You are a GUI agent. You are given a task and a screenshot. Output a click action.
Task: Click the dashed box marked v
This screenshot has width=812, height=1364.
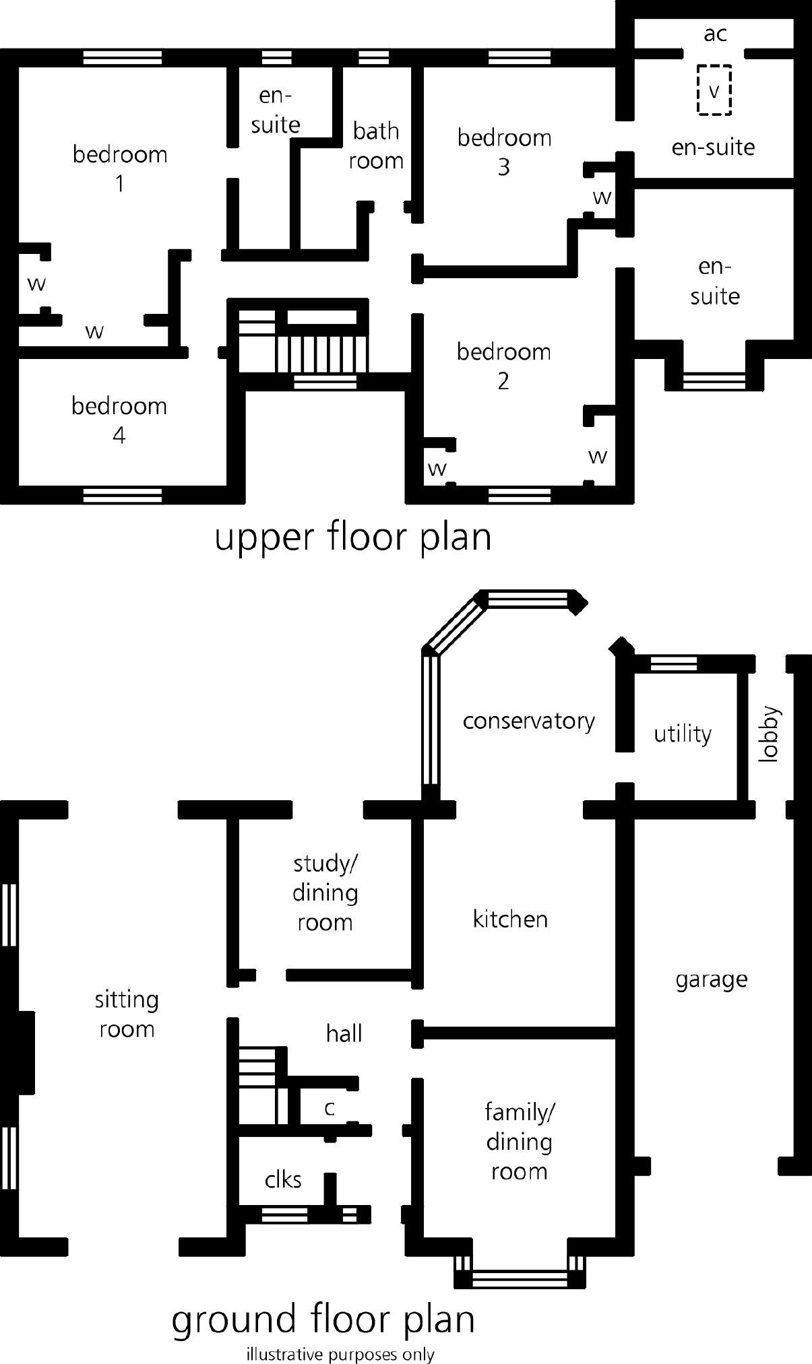[x=714, y=90]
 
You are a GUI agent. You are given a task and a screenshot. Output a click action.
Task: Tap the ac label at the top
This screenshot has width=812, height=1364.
[x=715, y=34]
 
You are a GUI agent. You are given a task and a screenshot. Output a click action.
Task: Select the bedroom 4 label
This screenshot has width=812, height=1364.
[x=119, y=420]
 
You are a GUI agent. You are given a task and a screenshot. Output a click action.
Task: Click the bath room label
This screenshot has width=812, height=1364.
[x=376, y=145]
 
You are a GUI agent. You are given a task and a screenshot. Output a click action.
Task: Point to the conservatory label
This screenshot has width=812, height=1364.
[x=528, y=721]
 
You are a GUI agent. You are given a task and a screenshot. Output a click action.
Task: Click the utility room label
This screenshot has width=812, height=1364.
[x=682, y=733]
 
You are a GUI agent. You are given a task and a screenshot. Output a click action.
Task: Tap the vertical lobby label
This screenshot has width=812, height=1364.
[x=768, y=734]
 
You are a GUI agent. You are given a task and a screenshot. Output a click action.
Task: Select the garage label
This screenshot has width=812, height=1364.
[x=711, y=979]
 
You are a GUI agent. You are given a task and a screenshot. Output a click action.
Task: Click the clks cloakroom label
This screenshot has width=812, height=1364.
[x=283, y=1179]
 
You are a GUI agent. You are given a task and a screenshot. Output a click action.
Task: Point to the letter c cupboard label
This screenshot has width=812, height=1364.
[x=330, y=1108]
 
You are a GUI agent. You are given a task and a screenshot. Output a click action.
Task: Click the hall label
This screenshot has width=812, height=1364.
[x=344, y=1033]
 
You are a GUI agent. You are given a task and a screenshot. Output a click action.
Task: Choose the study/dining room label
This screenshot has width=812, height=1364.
[x=325, y=892]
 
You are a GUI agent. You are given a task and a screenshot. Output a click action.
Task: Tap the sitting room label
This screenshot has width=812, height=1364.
[x=127, y=1014]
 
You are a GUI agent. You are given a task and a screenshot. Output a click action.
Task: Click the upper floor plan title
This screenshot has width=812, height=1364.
[x=352, y=537]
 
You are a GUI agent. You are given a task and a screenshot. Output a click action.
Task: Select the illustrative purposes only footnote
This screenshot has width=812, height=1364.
[x=340, y=1354]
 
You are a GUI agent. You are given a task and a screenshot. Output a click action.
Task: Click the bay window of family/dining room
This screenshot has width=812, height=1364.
[x=519, y=1275]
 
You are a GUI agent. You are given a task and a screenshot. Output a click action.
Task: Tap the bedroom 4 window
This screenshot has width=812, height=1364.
[x=122, y=496]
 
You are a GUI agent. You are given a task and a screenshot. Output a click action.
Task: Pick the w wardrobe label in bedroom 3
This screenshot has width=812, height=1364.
[x=602, y=197]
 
